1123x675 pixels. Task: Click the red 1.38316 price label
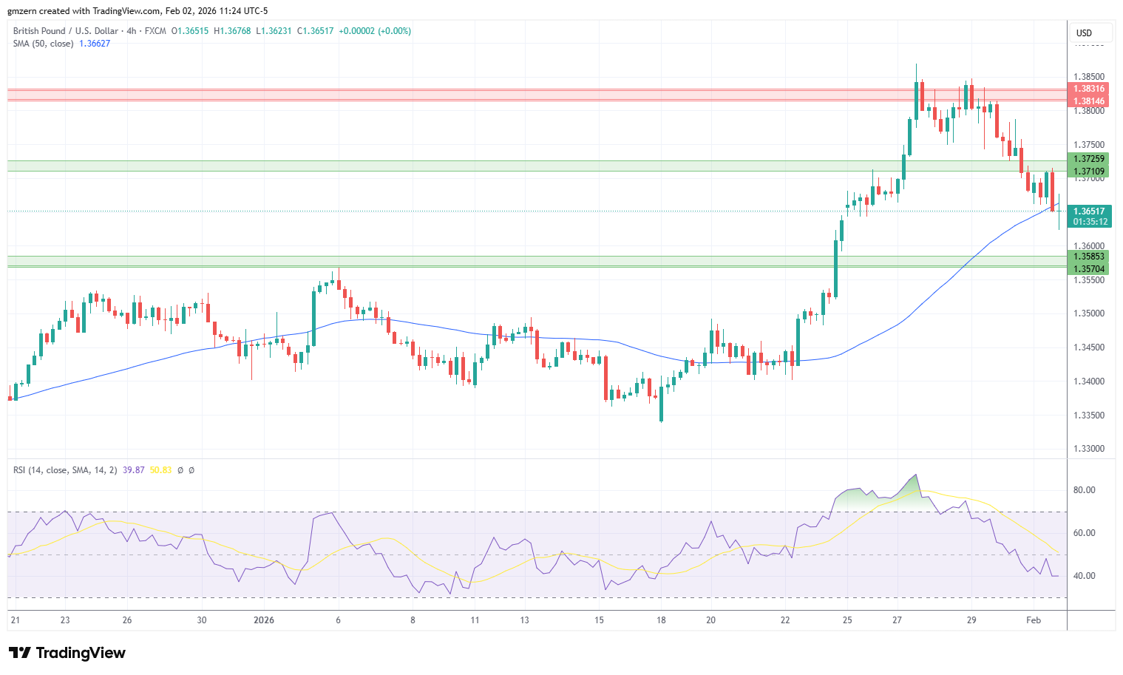(1088, 89)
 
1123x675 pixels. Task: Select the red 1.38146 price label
(1088, 101)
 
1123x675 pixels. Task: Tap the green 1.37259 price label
(1088, 159)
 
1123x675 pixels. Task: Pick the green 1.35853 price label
(1088, 257)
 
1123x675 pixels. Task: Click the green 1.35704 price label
(1088, 269)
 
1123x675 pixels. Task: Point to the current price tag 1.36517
(1088, 211)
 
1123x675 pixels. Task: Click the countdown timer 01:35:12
(1090, 222)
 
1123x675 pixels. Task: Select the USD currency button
(1084, 33)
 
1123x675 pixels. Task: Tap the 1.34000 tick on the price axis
(1089, 381)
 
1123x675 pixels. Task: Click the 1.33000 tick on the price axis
(1089, 449)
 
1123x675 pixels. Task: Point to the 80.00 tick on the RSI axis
(1085, 490)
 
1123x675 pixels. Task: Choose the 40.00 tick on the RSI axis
(1085, 576)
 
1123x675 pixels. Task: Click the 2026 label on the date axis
(263, 620)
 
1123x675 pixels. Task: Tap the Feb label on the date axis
(1034, 620)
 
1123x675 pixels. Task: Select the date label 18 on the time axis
(661, 620)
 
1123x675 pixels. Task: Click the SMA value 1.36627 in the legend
(95, 44)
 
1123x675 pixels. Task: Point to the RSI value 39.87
(134, 470)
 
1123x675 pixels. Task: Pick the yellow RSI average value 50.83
(160, 470)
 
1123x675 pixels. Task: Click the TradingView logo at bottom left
(67, 653)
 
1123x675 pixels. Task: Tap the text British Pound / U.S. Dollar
(66, 31)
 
